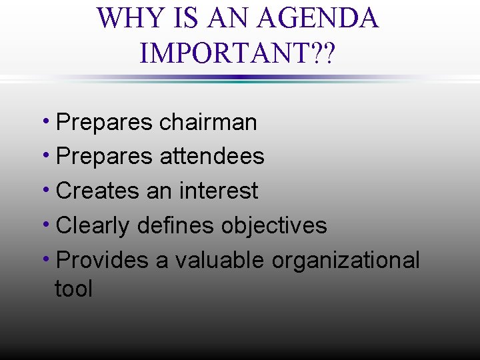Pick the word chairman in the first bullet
208,122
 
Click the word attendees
212,157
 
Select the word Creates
98,191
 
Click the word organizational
345,260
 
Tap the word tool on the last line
73,289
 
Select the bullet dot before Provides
51,257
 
